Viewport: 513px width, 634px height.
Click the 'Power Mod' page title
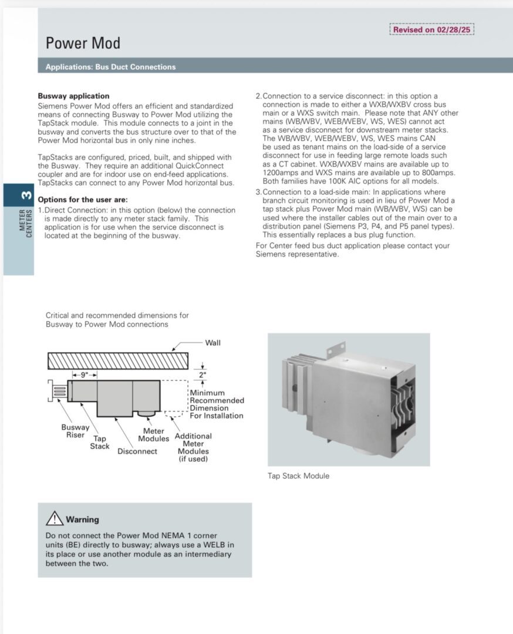(83, 43)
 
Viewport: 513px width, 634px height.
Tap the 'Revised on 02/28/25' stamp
(431, 29)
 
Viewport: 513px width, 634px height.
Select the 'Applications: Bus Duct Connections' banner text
(110, 67)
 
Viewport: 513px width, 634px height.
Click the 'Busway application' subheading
(73, 96)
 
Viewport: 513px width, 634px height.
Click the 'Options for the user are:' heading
(83, 200)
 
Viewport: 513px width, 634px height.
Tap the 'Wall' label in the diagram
(212, 343)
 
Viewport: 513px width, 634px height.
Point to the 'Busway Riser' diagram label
(75, 431)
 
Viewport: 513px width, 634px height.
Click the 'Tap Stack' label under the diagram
(100, 442)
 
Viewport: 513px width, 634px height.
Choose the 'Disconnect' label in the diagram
(137, 451)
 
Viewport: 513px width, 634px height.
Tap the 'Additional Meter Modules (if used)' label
(193, 447)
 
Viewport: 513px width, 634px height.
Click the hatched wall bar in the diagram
(117, 360)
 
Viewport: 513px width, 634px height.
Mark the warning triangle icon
(54, 518)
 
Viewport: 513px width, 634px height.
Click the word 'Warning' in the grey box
(82, 520)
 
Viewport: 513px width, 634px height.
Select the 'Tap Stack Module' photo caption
(298, 475)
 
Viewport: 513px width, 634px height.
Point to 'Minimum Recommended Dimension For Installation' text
(216, 404)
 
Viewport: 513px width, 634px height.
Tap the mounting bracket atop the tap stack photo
(336, 349)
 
